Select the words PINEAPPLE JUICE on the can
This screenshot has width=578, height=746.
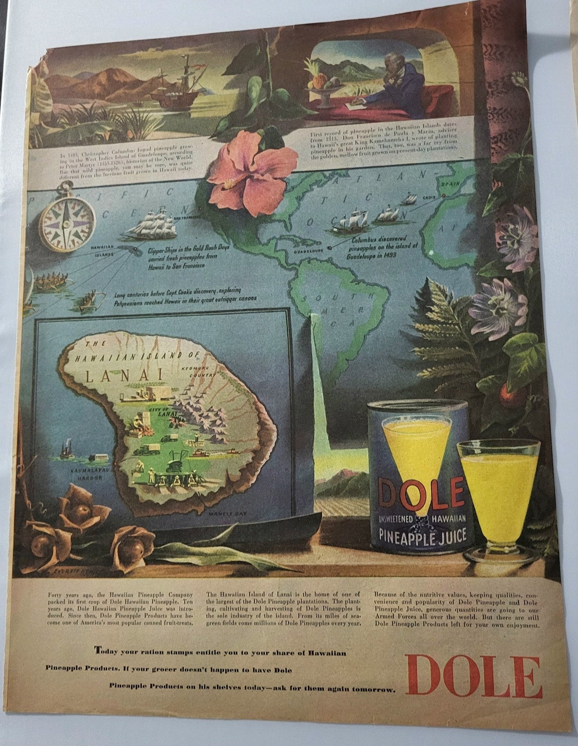422,536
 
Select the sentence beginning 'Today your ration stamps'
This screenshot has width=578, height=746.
220,652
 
